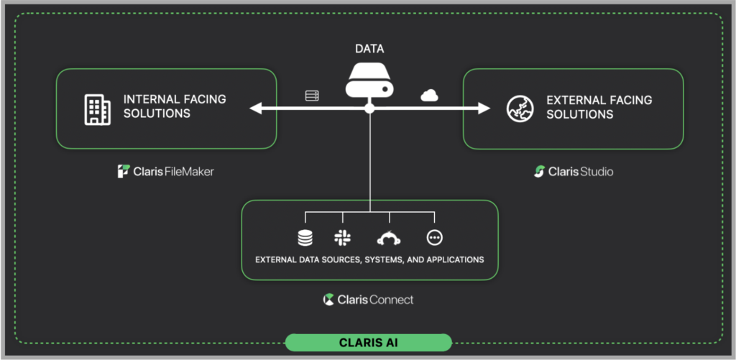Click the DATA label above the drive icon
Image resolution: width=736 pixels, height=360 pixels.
point(369,49)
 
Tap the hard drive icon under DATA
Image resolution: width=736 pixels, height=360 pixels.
point(369,80)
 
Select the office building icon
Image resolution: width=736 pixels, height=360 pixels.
point(97,109)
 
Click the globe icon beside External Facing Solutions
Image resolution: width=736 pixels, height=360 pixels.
point(520,109)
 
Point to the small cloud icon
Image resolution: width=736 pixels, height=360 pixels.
point(429,96)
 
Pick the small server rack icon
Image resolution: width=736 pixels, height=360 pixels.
point(312,96)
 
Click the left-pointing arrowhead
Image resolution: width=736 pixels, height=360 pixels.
point(256,109)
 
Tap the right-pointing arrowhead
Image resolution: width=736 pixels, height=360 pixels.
point(484,109)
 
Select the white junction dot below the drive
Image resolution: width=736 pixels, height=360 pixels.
point(369,109)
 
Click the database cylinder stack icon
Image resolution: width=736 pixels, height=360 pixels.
point(305,238)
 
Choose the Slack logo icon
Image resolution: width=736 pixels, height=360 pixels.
point(343,238)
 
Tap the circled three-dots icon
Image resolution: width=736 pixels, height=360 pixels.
point(435,238)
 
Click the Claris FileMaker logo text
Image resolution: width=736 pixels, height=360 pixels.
point(166,171)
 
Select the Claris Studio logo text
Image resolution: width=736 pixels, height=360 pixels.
point(574,171)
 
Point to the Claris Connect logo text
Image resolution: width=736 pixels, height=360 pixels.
point(369,300)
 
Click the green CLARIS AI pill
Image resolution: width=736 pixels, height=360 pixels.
point(369,343)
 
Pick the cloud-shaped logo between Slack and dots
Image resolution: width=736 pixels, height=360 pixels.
point(389,239)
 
